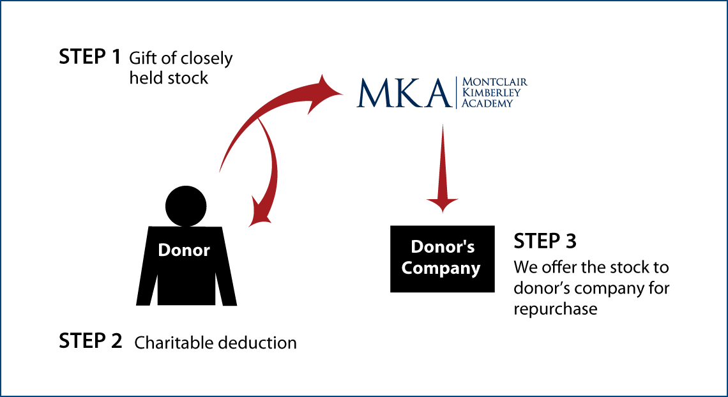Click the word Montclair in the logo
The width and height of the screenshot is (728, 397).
click(494, 82)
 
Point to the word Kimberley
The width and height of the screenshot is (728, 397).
click(491, 93)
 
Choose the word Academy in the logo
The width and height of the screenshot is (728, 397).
click(487, 103)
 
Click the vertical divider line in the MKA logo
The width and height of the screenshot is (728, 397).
click(457, 93)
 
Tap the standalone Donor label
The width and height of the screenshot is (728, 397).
click(184, 250)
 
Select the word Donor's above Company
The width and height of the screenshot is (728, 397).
click(443, 247)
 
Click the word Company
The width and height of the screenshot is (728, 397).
click(441, 268)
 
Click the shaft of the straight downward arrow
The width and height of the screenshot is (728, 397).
click(442, 160)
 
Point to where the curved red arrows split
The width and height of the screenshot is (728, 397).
click(259, 119)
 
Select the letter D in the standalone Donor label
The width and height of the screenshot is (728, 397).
click(163, 250)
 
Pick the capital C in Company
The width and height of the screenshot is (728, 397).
click(407, 268)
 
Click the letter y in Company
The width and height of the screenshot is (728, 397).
click(475, 270)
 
